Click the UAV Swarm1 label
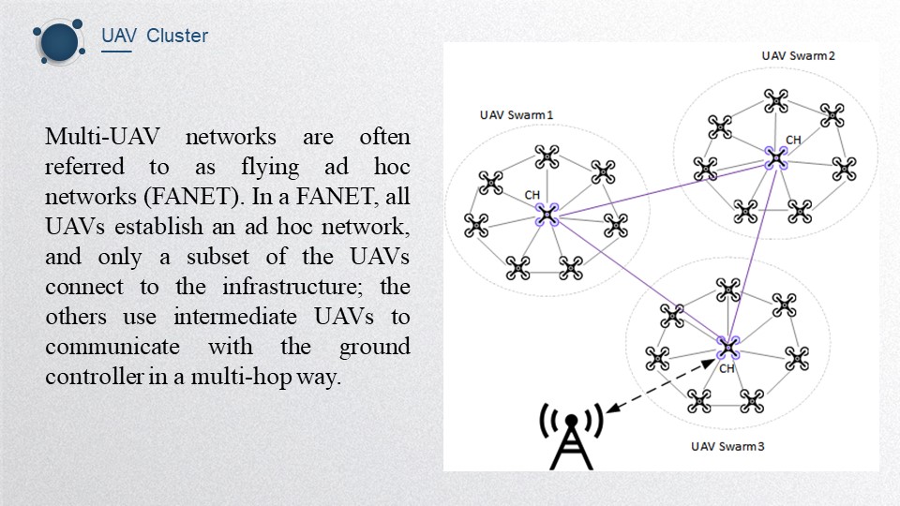[x=516, y=115]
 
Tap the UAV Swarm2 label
[x=798, y=55]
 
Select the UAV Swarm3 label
[x=727, y=445]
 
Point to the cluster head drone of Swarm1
[x=547, y=216]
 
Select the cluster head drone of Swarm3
[x=727, y=348]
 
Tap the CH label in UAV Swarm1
[x=532, y=195]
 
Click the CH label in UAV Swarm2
[x=793, y=141]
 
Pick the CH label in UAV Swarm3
[x=727, y=368]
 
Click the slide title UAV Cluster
[x=155, y=37]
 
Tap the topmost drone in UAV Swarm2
[x=774, y=99]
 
